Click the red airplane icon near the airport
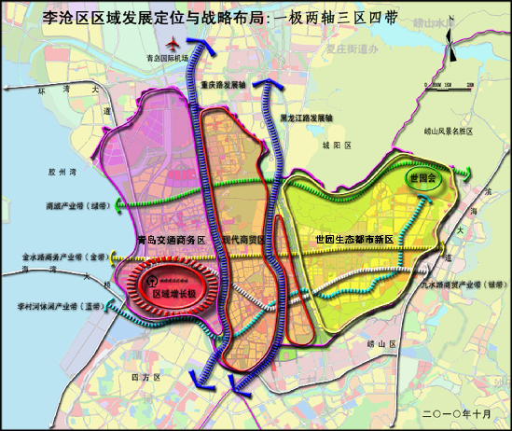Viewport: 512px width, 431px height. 173,44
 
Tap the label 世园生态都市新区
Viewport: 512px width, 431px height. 354,240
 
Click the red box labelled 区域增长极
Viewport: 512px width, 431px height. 173,295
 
